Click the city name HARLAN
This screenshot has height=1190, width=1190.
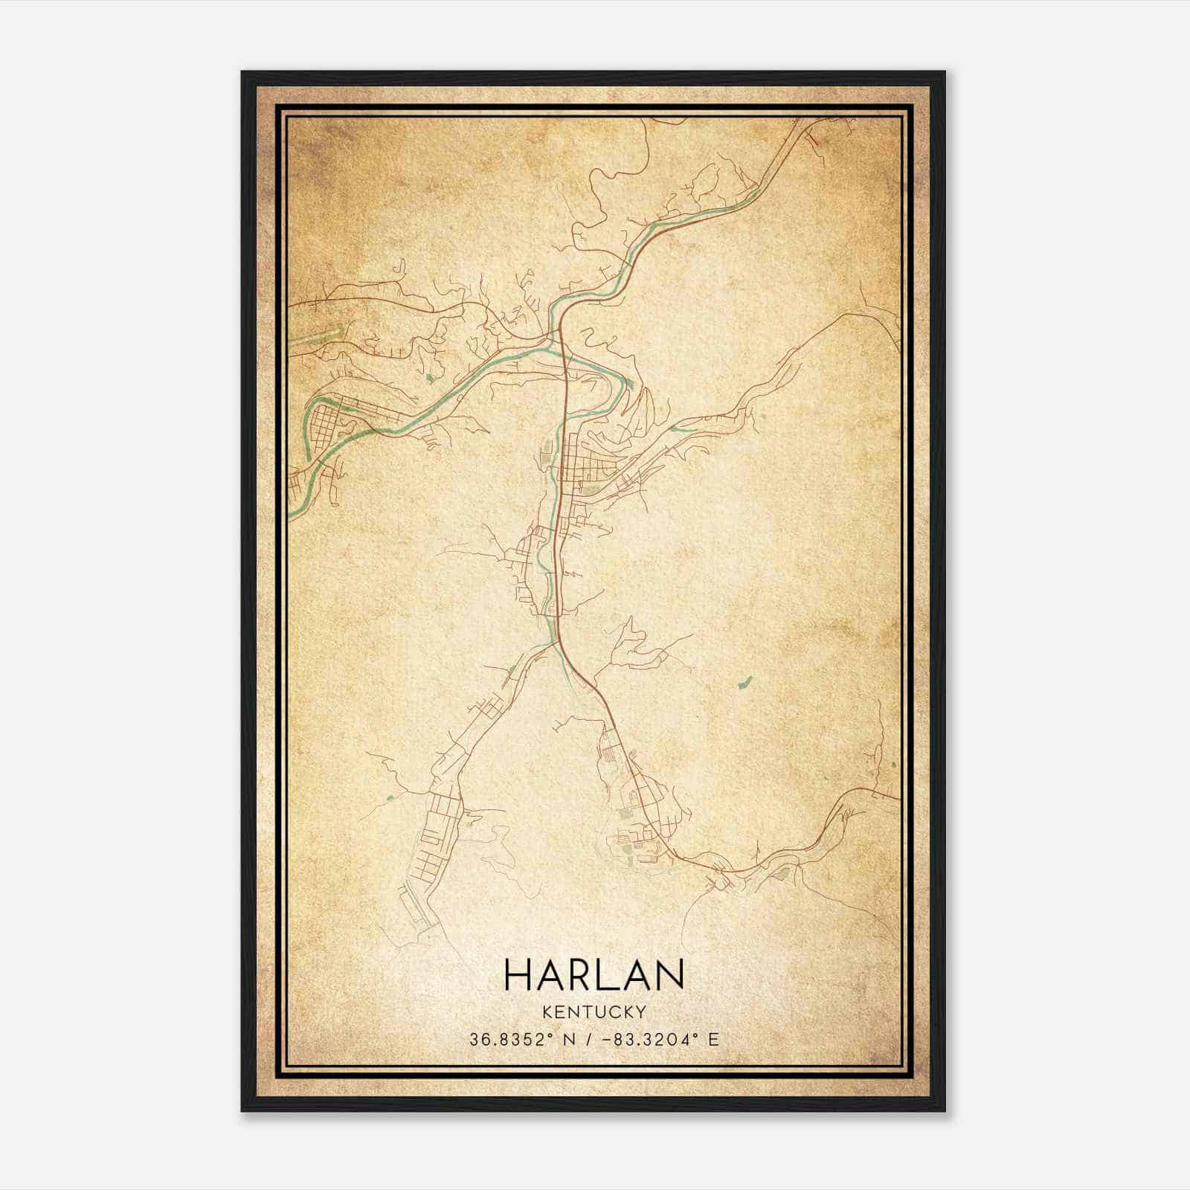coord(594,974)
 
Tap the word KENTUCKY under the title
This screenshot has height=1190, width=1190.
coord(594,1011)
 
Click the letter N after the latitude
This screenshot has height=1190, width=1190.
coord(570,1039)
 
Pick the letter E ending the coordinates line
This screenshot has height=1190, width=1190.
coord(714,1039)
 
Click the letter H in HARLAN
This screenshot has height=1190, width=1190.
coord(518,974)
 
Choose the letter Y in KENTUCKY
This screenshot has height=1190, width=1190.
coord(640,1011)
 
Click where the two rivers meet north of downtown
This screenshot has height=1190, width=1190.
coord(554,338)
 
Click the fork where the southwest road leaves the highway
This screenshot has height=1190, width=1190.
coord(556,643)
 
